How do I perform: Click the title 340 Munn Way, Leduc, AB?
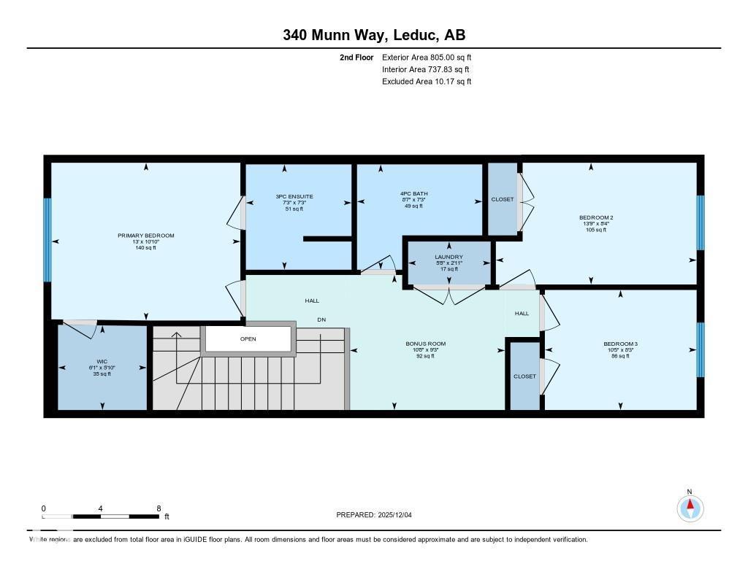pos(374,35)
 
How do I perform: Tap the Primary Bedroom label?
pos(146,236)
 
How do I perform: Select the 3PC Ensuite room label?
pos(294,197)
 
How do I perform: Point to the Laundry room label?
pos(449,257)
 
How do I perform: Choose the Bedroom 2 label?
pos(595,217)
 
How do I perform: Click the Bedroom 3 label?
pos(620,344)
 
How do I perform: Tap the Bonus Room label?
pos(425,344)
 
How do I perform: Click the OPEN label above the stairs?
pos(248,338)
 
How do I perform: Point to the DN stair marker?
pos(321,320)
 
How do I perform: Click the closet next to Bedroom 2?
pos(502,199)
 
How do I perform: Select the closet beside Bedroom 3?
pos(524,376)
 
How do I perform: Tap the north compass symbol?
pos(689,506)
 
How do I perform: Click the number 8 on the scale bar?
pos(159,508)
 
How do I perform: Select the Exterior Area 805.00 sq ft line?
pos(427,57)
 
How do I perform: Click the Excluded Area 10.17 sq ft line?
pos(427,82)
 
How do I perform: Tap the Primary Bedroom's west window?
pos(48,240)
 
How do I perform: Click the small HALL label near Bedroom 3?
pos(522,314)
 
